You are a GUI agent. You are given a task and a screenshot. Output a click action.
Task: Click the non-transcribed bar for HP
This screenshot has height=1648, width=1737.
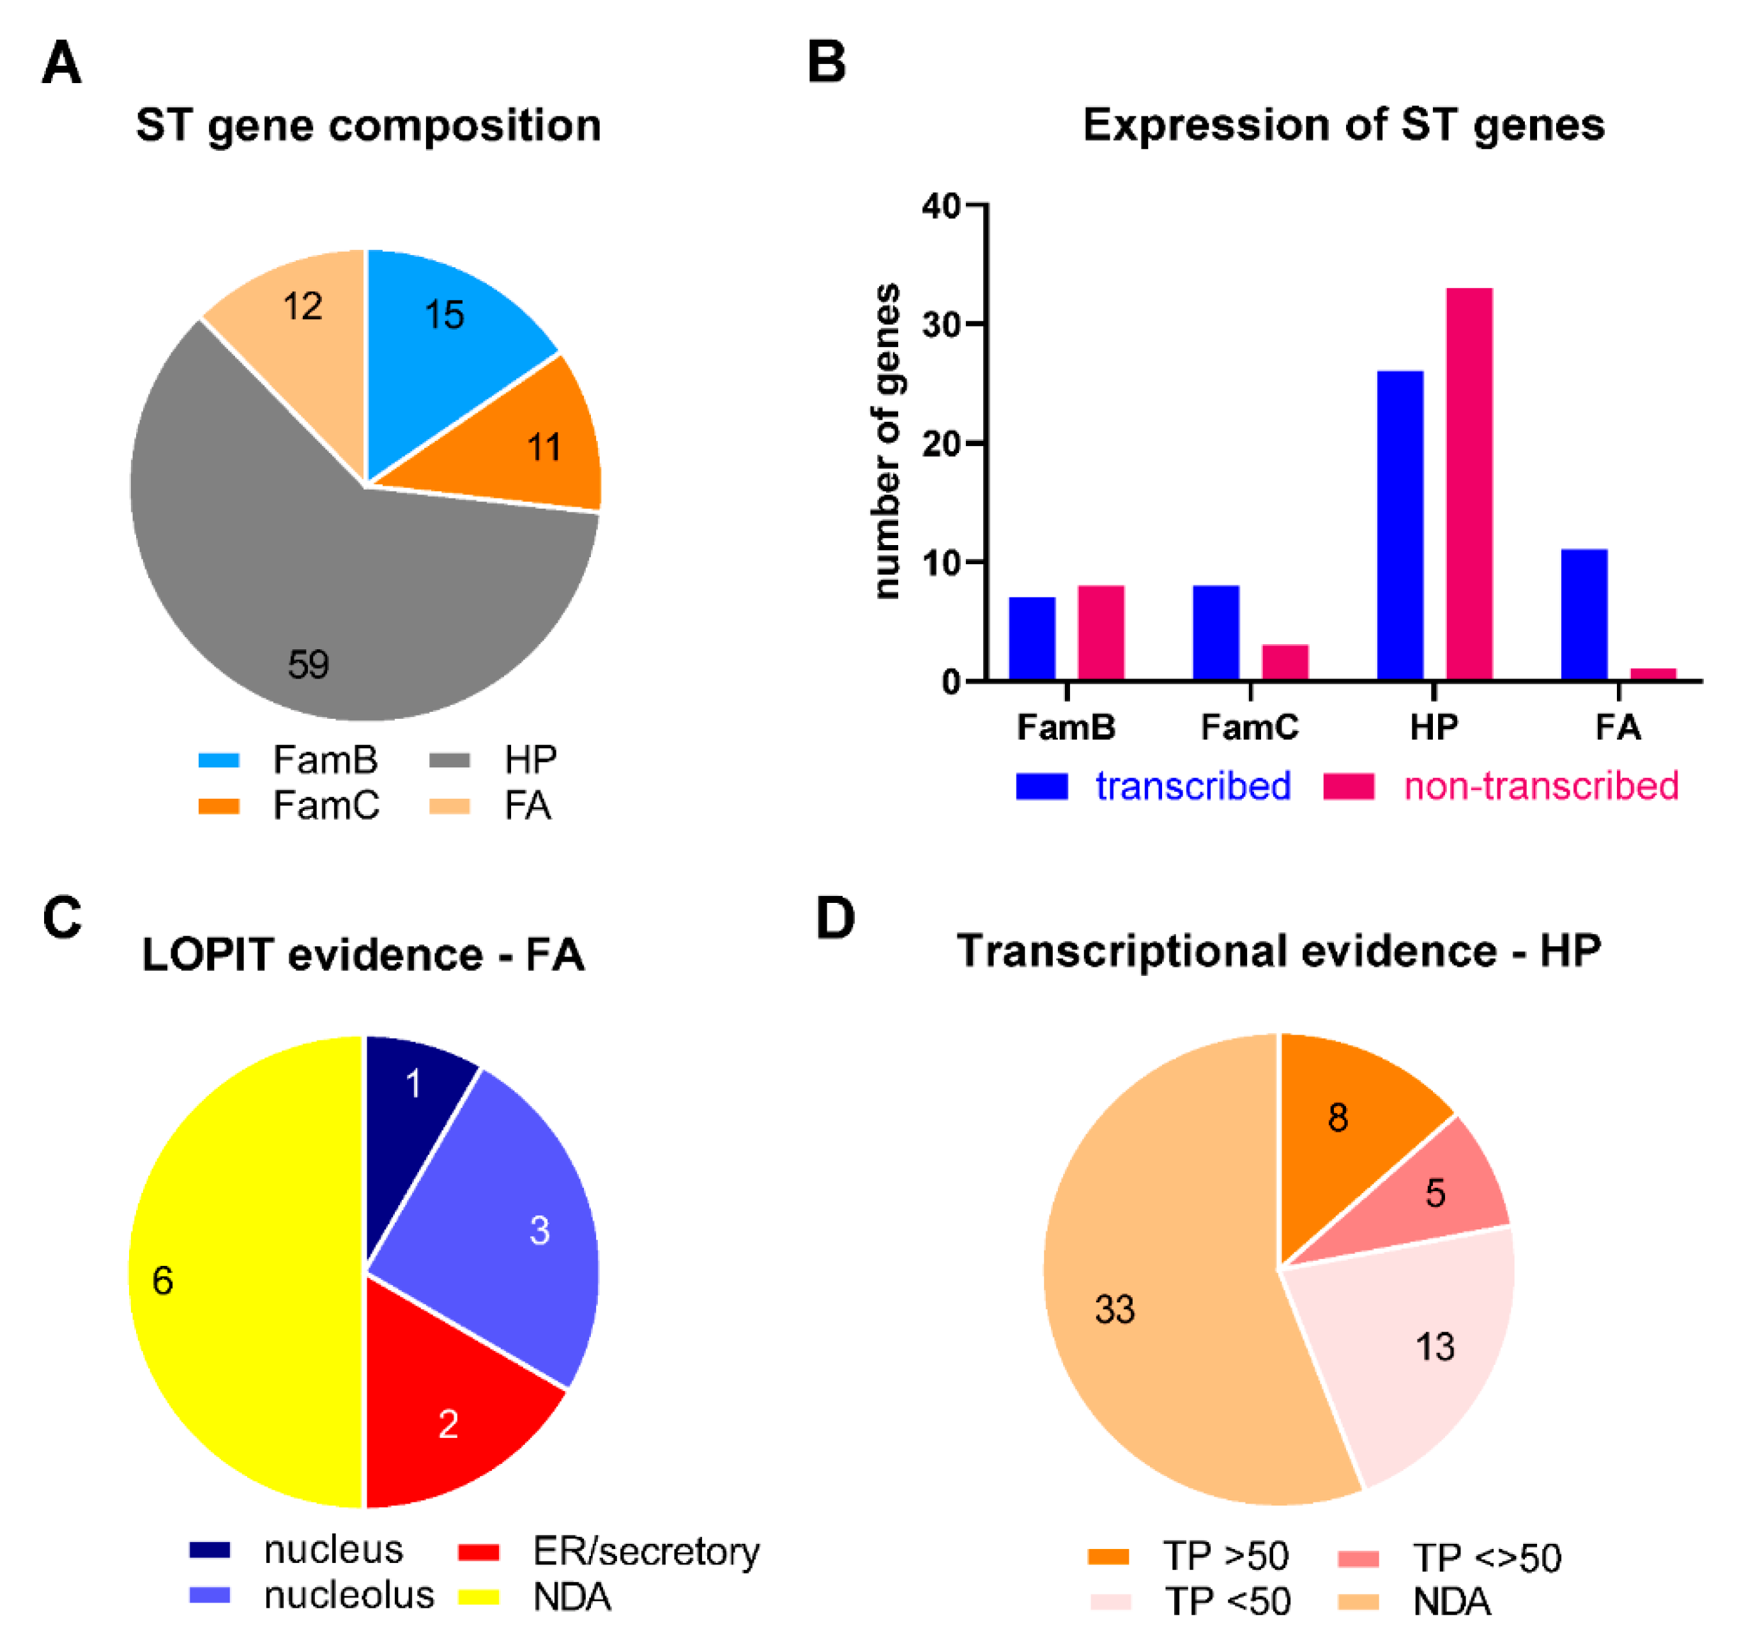1469,484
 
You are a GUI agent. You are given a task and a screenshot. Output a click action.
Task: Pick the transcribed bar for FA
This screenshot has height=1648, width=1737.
1584,614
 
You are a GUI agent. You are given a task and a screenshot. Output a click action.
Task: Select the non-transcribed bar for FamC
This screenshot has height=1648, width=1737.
1285,663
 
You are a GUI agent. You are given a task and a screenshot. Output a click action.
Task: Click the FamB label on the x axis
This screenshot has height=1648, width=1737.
1066,727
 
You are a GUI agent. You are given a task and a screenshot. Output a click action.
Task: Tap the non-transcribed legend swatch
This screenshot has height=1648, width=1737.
1349,786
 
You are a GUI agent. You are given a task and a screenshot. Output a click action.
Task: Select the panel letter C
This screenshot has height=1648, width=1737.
61,918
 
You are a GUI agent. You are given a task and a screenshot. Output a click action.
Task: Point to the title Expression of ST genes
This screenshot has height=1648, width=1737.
1343,125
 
